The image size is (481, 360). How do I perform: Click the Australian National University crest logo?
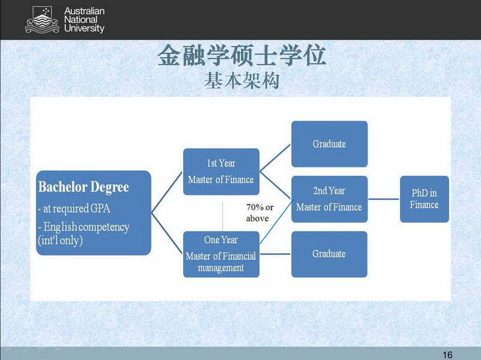(x=41, y=20)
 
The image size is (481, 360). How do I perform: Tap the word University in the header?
(x=84, y=28)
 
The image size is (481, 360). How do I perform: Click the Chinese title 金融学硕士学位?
(x=241, y=56)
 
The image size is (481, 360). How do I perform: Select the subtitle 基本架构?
(x=241, y=81)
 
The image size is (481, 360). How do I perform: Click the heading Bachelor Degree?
(x=83, y=187)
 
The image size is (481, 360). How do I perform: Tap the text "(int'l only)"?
(x=60, y=240)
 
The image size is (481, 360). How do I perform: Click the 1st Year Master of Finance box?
(x=221, y=172)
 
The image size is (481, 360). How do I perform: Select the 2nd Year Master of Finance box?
(x=329, y=199)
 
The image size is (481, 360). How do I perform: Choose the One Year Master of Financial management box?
(x=221, y=254)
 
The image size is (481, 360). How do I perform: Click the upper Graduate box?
(x=329, y=144)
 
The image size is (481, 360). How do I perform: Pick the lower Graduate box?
(x=329, y=254)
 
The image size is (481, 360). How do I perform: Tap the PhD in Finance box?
(x=425, y=199)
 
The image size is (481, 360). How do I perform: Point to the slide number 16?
(x=447, y=354)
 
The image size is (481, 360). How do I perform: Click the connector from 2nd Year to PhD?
(x=384, y=199)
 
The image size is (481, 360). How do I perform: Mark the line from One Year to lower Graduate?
(x=275, y=254)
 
